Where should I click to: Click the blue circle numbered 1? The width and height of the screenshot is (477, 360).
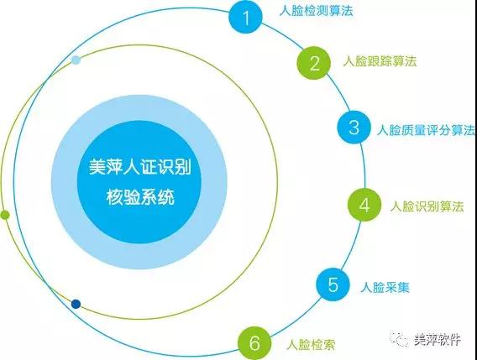(x=245, y=17)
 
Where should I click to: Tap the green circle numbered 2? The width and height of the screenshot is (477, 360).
(x=313, y=63)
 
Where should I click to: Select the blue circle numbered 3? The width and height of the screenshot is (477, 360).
(x=354, y=127)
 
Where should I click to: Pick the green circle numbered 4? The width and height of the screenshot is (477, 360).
(x=364, y=205)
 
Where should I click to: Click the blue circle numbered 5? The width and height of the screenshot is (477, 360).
(x=333, y=284)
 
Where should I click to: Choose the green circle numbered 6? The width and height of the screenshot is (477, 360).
(x=254, y=343)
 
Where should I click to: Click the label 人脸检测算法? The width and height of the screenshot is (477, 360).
(x=316, y=11)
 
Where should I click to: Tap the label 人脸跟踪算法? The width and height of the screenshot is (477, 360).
(x=380, y=61)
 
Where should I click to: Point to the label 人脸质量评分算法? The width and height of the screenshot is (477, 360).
(x=426, y=130)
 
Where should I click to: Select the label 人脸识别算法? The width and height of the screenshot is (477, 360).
(x=427, y=206)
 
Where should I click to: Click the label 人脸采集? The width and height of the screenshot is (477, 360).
(x=385, y=287)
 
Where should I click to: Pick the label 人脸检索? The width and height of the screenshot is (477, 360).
(x=311, y=345)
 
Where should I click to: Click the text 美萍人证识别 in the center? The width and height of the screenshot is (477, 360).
(x=140, y=167)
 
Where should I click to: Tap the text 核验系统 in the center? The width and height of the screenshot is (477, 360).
(x=140, y=197)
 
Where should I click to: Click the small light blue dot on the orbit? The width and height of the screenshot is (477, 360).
(x=76, y=60)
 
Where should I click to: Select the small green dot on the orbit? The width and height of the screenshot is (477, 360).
(x=5, y=215)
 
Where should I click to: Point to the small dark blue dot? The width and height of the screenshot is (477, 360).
(x=76, y=304)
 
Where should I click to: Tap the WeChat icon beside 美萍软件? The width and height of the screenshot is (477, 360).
(x=399, y=338)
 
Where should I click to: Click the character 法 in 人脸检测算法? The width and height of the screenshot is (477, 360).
(x=347, y=11)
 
